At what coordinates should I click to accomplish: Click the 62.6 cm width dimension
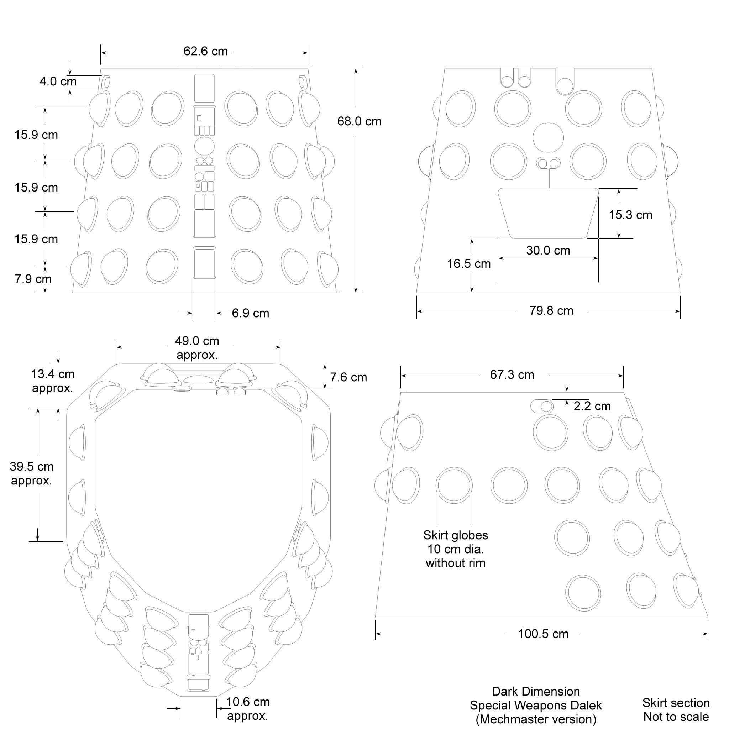tap(205, 51)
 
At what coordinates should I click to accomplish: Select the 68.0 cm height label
tap(359, 121)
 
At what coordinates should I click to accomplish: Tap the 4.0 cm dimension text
tap(58, 82)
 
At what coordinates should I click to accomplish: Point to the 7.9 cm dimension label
tap(33, 279)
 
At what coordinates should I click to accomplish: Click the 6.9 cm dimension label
tap(250, 313)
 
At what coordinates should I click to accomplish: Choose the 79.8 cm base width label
tap(551, 311)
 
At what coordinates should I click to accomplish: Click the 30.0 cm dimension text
tap(548, 251)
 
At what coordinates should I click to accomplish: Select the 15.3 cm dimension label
tap(630, 215)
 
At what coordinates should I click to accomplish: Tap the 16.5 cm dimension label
tap(469, 264)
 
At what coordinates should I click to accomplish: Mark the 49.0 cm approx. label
tap(197, 348)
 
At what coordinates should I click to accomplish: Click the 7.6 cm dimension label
tap(348, 377)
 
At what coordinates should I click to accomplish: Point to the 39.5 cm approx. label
tap(32, 473)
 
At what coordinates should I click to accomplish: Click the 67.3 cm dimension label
tap(512, 375)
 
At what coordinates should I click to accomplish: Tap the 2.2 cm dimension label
tap(592, 406)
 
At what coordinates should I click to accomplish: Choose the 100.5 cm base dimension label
tap(543, 634)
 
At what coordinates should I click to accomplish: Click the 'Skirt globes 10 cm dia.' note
tap(455, 549)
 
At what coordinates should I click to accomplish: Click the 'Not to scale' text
tap(676, 717)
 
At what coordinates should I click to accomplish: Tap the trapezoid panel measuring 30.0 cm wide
tap(548, 213)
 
